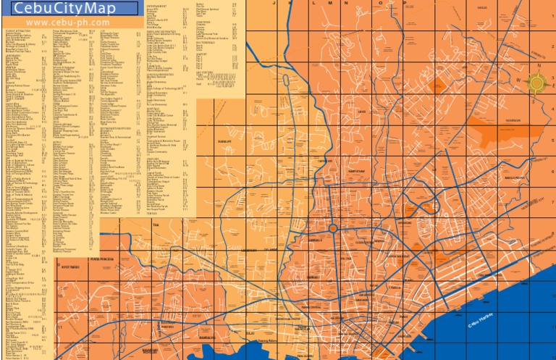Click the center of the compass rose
tap(536, 83)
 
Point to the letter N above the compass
tap(539, 65)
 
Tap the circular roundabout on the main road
tap(332, 229)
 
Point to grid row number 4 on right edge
tap(552, 109)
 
